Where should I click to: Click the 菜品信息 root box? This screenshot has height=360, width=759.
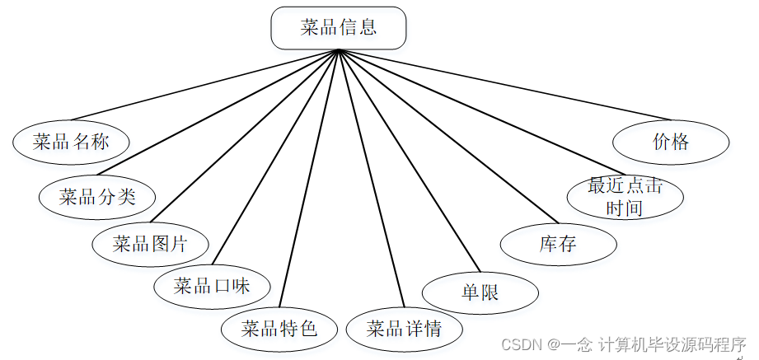[x=338, y=27]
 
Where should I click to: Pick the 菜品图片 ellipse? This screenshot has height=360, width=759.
[x=150, y=243]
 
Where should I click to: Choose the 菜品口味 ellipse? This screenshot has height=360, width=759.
[x=212, y=287]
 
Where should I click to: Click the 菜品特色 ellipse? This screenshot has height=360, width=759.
[x=279, y=329]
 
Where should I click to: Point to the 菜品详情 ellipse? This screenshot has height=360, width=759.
[x=405, y=329]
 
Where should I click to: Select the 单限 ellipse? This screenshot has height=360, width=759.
[x=480, y=292]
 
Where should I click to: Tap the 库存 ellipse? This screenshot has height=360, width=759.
[x=558, y=244]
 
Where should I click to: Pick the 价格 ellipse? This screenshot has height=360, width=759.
[x=671, y=142]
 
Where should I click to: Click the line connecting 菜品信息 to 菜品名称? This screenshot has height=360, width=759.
[x=206, y=86]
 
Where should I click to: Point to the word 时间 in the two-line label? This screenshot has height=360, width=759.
[x=624, y=208]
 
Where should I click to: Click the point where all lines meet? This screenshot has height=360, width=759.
[x=339, y=50]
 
